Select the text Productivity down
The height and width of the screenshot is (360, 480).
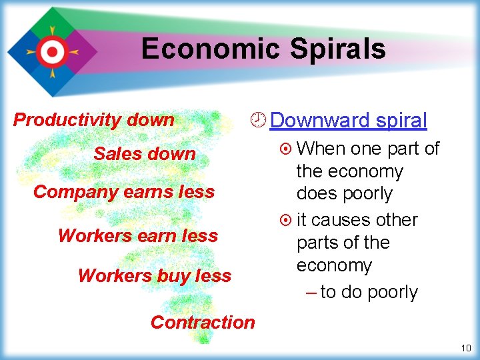[94, 120]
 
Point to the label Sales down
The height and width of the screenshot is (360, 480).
[145, 154]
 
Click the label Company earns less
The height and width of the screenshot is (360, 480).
[124, 192]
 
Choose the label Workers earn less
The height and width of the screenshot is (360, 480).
[138, 236]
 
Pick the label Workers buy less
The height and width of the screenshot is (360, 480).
[155, 275]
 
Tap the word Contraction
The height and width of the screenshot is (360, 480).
[203, 323]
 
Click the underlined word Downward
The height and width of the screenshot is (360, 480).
[321, 121]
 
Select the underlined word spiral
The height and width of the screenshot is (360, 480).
[401, 121]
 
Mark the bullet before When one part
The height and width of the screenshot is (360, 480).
[285, 149]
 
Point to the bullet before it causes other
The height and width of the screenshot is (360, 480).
[285, 220]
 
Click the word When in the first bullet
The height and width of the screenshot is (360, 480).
[321, 149]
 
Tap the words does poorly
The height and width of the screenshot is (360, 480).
[345, 194]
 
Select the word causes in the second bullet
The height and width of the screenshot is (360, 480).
[341, 220]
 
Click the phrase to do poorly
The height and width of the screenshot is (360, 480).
[369, 293]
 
